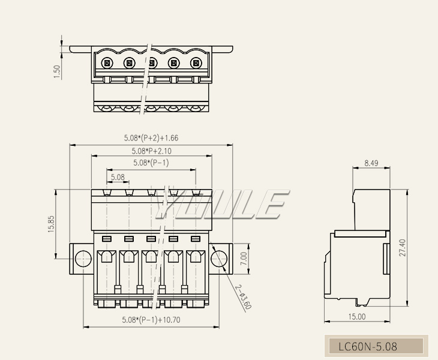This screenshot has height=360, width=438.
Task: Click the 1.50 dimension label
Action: coord(58,71)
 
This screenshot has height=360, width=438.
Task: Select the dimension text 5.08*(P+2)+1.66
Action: coord(151,138)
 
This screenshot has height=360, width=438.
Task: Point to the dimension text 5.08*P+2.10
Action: coord(152,151)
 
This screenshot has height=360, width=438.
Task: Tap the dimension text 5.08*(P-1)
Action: coord(151,163)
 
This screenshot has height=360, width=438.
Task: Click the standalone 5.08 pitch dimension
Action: coord(118,177)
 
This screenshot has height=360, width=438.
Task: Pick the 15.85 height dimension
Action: coord(52,224)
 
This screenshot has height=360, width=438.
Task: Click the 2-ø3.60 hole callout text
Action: coord(243,296)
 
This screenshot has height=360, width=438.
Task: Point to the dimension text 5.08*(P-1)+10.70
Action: coord(151,320)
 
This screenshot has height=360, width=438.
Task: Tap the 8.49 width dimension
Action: coord(371,163)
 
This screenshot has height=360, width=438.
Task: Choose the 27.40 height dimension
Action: coord(402,247)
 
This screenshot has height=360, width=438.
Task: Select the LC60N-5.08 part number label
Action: coord(368,346)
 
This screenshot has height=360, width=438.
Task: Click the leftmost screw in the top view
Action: coord(107,63)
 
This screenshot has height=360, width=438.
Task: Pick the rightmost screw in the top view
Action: coord(196,63)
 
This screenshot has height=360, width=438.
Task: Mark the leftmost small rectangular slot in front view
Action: coord(107,239)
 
